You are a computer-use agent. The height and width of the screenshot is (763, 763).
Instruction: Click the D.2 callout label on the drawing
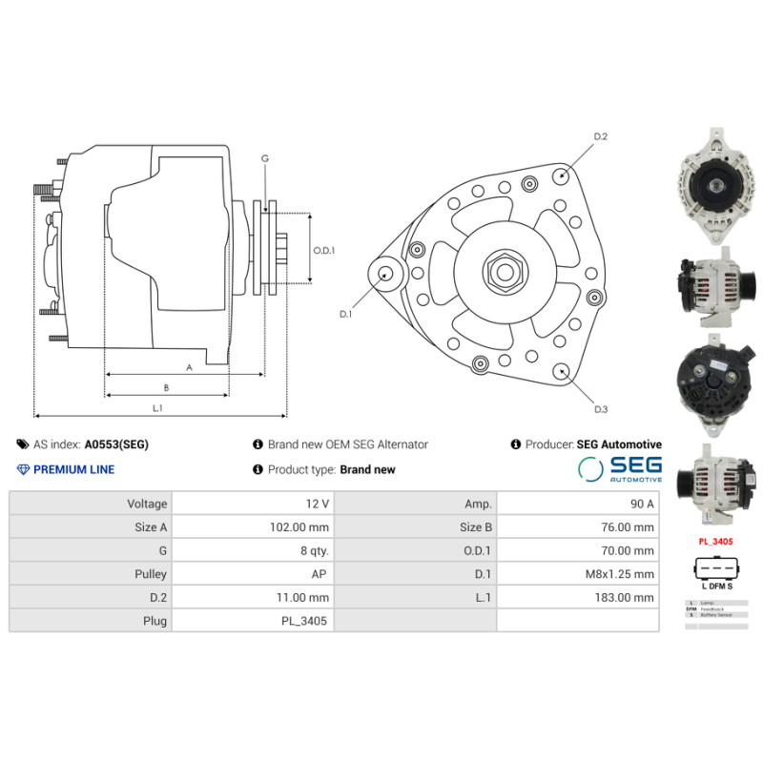[601, 137]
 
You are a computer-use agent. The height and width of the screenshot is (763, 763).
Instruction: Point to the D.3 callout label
[601, 409]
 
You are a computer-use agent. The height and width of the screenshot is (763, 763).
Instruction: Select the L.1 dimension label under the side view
[158, 408]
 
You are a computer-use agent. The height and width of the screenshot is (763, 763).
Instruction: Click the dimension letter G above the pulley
[265, 158]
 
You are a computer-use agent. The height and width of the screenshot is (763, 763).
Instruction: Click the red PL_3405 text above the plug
[715, 542]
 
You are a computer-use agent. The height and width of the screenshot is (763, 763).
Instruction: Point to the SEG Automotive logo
[620, 468]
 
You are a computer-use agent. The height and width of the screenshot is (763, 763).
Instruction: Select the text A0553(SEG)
[116, 444]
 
